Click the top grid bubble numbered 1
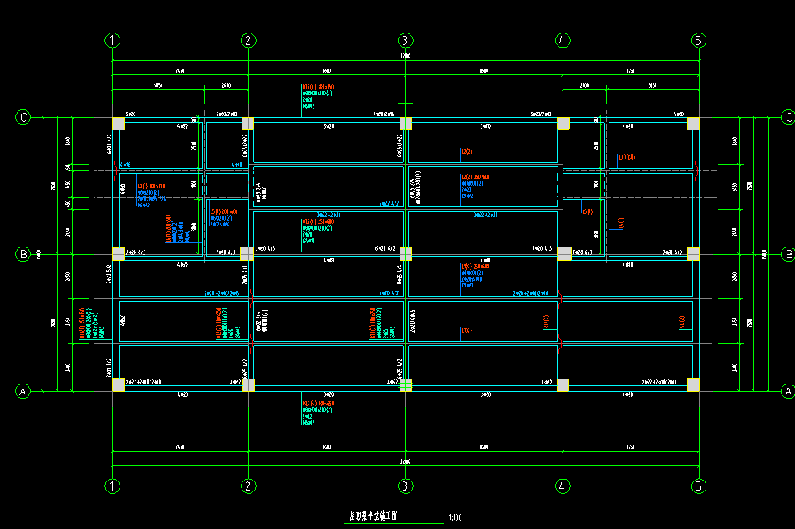113,40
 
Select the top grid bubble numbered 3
405,40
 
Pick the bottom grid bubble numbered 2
247,486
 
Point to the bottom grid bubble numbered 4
563,486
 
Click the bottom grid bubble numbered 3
405,486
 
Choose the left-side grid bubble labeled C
23,117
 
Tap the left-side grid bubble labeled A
23,390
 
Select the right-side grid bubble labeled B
787,253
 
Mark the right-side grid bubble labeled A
787,390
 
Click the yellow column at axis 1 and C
118,124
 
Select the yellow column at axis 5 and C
694,124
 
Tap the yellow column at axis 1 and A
118,384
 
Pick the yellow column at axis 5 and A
694,384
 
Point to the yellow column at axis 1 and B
118,253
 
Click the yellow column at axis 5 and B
694,253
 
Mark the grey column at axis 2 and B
247,253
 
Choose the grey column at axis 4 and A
563,384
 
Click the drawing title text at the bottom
371,516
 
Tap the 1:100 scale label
456,517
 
